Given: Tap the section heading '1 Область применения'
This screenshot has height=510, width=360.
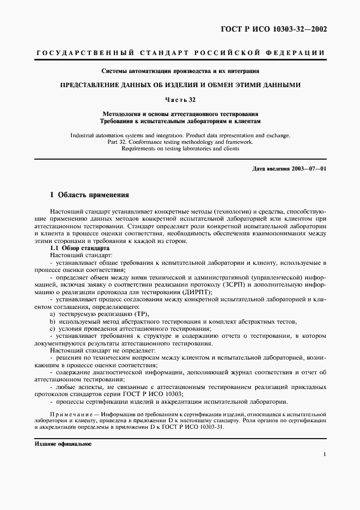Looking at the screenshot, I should point(89,195).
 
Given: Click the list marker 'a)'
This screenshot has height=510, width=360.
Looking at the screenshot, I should point(52,314).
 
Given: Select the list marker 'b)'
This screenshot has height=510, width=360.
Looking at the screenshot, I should point(52,322).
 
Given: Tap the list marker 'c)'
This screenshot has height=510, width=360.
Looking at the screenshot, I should point(52,329).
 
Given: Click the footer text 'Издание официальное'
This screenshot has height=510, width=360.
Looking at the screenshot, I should point(59,444).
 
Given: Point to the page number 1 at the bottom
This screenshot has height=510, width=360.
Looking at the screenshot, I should point(324,454).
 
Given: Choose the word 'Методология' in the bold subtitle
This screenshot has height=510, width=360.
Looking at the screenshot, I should point(122,113).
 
